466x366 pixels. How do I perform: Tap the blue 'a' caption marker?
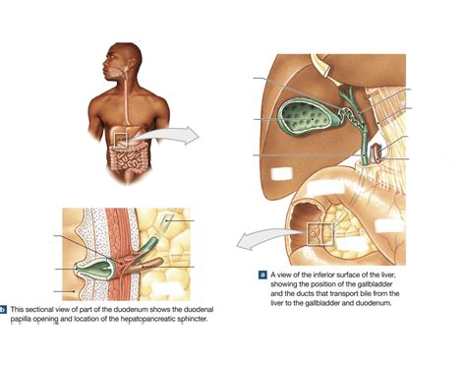point(262,274)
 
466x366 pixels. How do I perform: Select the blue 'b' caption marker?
point(4,309)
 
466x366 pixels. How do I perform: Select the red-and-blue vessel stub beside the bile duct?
point(379,152)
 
